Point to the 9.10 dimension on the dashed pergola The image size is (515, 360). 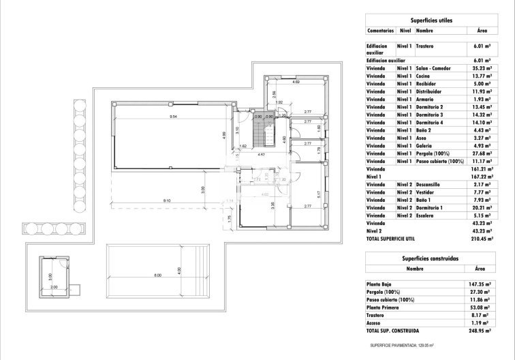click(x=167, y=199)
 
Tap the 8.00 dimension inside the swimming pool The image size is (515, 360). click(x=158, y=275)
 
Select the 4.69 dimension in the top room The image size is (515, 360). click(x=296, y=82)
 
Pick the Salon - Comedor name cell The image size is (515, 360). click(x=434, y=69)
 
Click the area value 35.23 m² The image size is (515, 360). click(x=482, y=69)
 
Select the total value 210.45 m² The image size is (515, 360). click(x=482, y=239)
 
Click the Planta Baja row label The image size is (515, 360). click(x=381, y=283)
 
